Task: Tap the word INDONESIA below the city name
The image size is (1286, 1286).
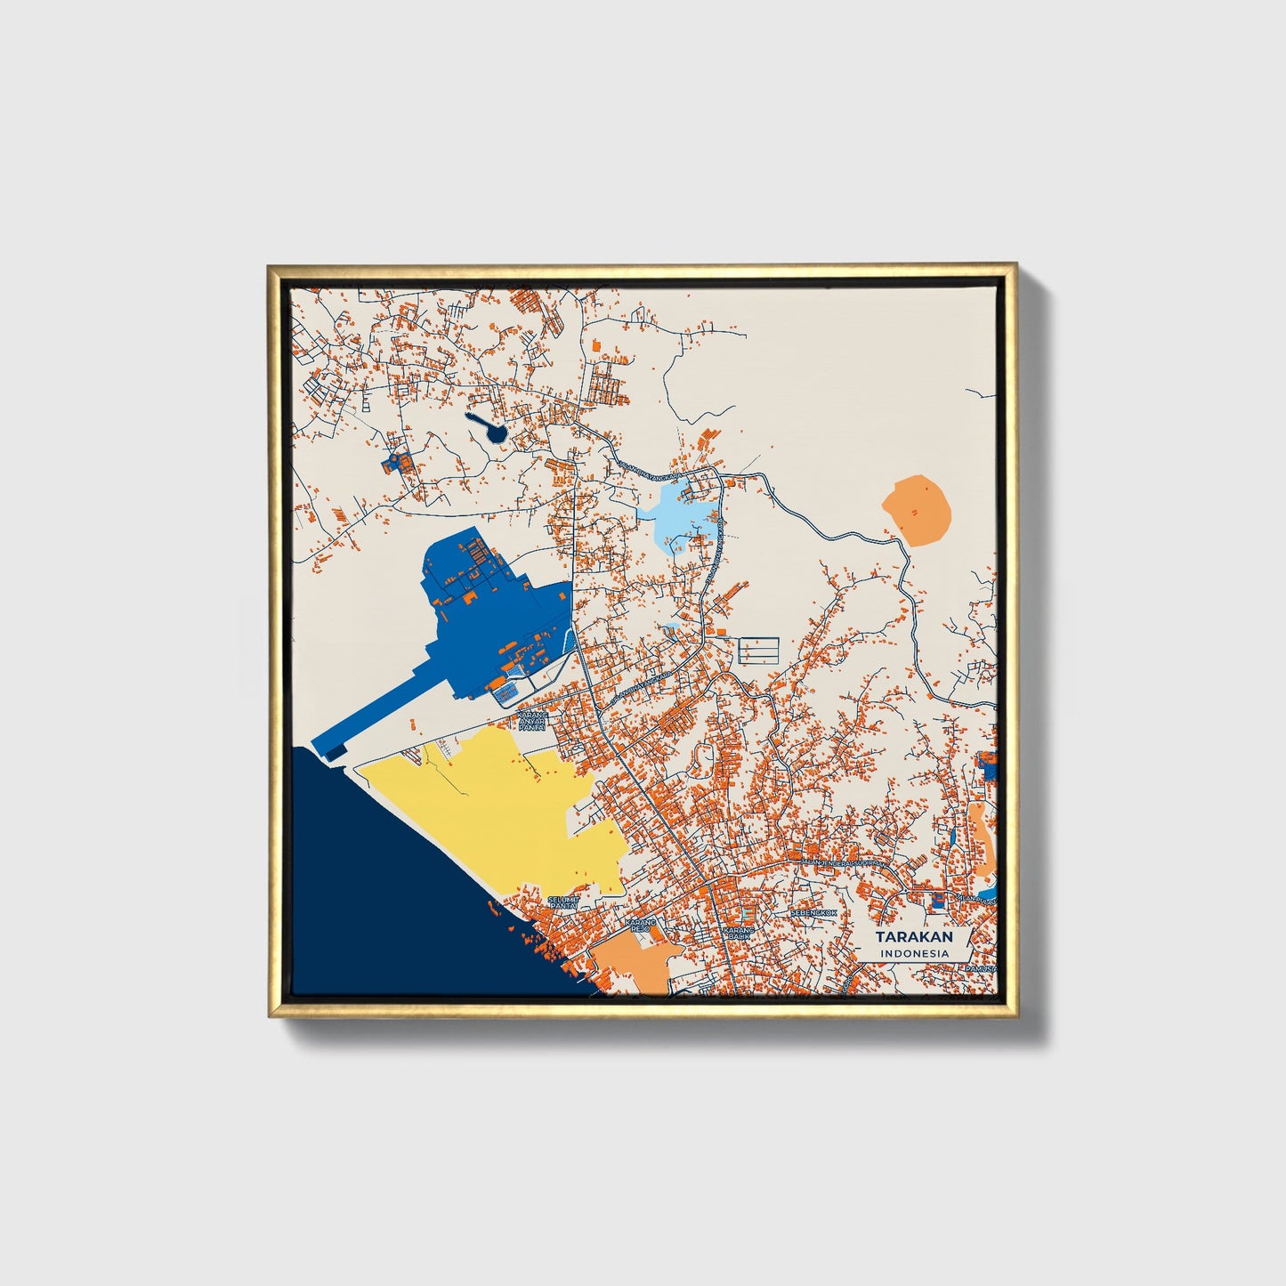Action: coord(914,953)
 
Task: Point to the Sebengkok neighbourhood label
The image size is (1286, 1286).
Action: coord(813,913)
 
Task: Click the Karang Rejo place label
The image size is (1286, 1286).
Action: coord(640,926)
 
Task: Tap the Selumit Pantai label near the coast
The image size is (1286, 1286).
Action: coord(563,902)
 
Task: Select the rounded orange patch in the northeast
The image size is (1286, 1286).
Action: coord(917,509)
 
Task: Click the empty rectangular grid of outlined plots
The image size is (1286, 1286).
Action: coord(758,650)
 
